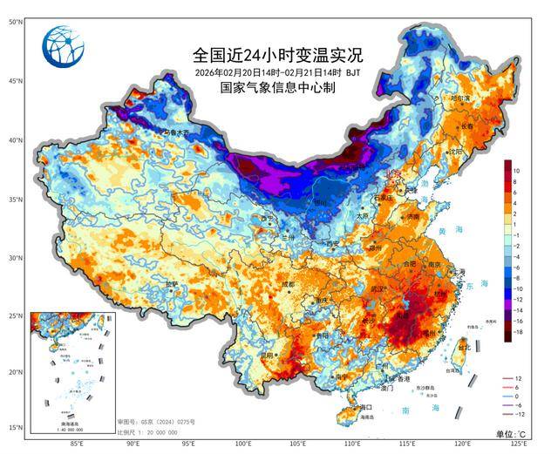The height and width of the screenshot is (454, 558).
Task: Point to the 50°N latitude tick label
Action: click(15, 21)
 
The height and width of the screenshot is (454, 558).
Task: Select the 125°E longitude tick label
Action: click(531, 443)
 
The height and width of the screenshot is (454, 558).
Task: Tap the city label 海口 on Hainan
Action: click(366, 407)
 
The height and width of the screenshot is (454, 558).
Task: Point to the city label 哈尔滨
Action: click(459, 99)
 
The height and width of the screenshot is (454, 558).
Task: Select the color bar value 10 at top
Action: click(517, 169)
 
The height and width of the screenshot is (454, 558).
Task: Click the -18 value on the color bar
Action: click(519, 332)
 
